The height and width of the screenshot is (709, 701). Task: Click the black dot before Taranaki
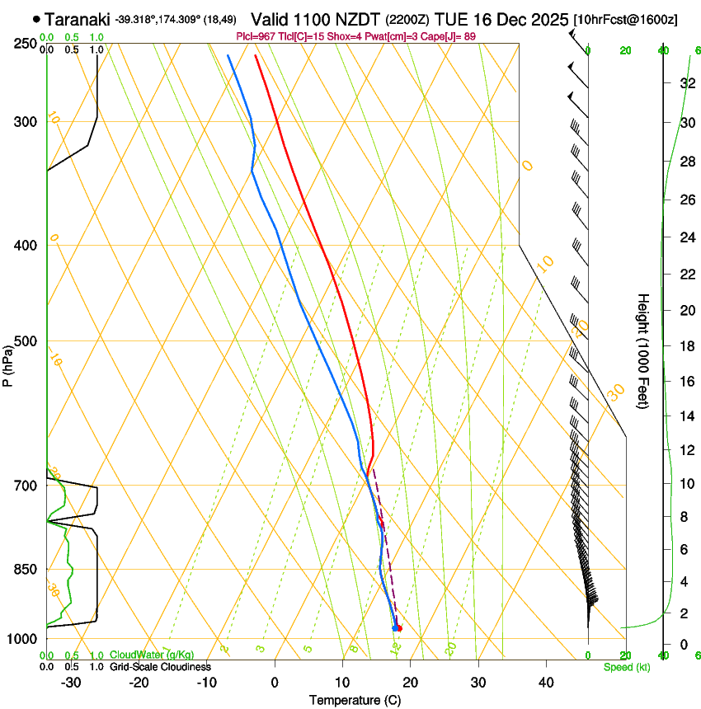(x=36, y=18)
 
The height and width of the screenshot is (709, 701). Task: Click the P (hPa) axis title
(x=9, y=364)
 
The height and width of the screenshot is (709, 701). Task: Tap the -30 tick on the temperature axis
(x=71, y=682)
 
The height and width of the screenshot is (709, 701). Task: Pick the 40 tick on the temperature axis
(x=546, y=682)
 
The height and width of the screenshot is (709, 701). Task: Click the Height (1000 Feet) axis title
(x=643, y=350)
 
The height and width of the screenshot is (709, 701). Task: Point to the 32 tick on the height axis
(x=687, y=83)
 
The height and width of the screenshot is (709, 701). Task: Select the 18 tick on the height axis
(x=687, y=346)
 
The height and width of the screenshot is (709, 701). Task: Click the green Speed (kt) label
(x=626, y=667)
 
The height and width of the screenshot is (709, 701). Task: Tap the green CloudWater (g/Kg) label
(x=152, y=655)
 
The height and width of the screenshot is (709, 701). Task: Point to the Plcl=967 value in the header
(x=256, y=36)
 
